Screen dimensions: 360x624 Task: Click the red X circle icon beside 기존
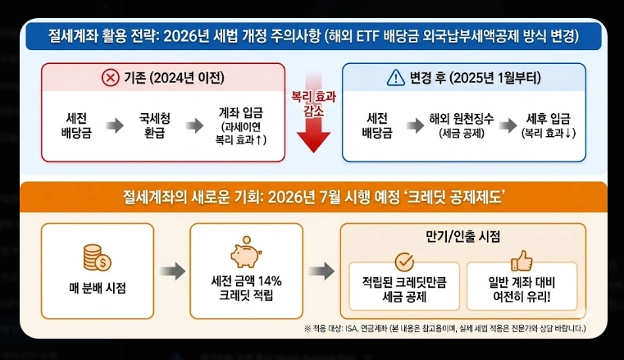point(110,78)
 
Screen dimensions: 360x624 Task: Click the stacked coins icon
point(97,256)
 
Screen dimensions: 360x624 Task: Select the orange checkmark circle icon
point(404,262)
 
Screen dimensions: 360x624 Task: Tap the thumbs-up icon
point(522,262)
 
